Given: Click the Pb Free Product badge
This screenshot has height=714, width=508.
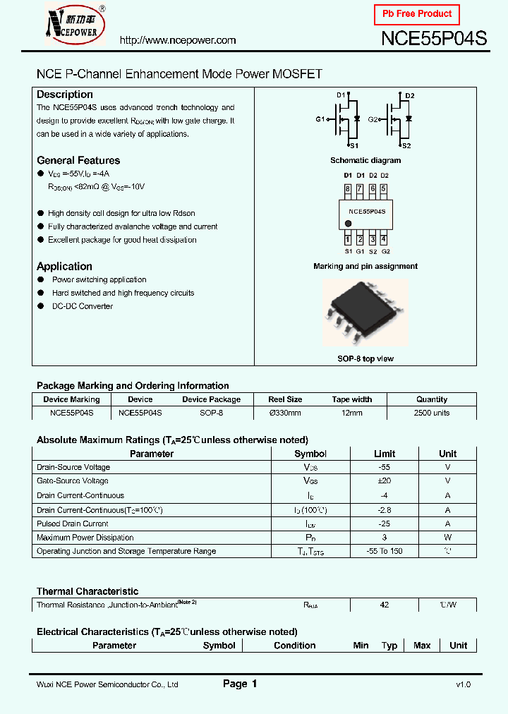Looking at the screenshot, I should [417, 14].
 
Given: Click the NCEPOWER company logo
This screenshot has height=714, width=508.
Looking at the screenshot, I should [75, 23].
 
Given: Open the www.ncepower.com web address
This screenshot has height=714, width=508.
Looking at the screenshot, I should [178, 40].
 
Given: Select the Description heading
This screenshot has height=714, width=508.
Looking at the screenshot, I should [65, 95].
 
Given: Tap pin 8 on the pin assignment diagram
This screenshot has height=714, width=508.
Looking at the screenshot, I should [347, 189].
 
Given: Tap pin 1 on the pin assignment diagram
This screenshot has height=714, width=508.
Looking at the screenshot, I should [347, 240].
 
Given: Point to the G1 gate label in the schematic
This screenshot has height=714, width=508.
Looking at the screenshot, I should [320, 119].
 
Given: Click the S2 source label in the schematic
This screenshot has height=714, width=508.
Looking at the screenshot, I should [406, 145].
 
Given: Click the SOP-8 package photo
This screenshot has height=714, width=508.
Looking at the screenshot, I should [365, 313].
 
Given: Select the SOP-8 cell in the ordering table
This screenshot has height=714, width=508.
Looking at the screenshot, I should [211, 413].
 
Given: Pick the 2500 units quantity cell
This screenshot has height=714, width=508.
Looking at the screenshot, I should [432, 413].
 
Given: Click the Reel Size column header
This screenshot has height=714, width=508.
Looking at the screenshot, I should [285, 399].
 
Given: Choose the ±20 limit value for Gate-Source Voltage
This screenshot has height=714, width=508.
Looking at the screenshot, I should [385, 481].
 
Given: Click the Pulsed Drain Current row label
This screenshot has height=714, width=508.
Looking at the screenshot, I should [73, 524].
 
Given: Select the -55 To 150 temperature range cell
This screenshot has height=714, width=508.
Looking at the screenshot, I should [385, 551].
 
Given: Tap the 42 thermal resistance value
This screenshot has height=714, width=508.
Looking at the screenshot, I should [385, 605].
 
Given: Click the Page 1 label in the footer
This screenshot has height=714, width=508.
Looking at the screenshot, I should [240, 684].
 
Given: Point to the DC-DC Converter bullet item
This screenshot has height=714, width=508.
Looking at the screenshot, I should [83, 306].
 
